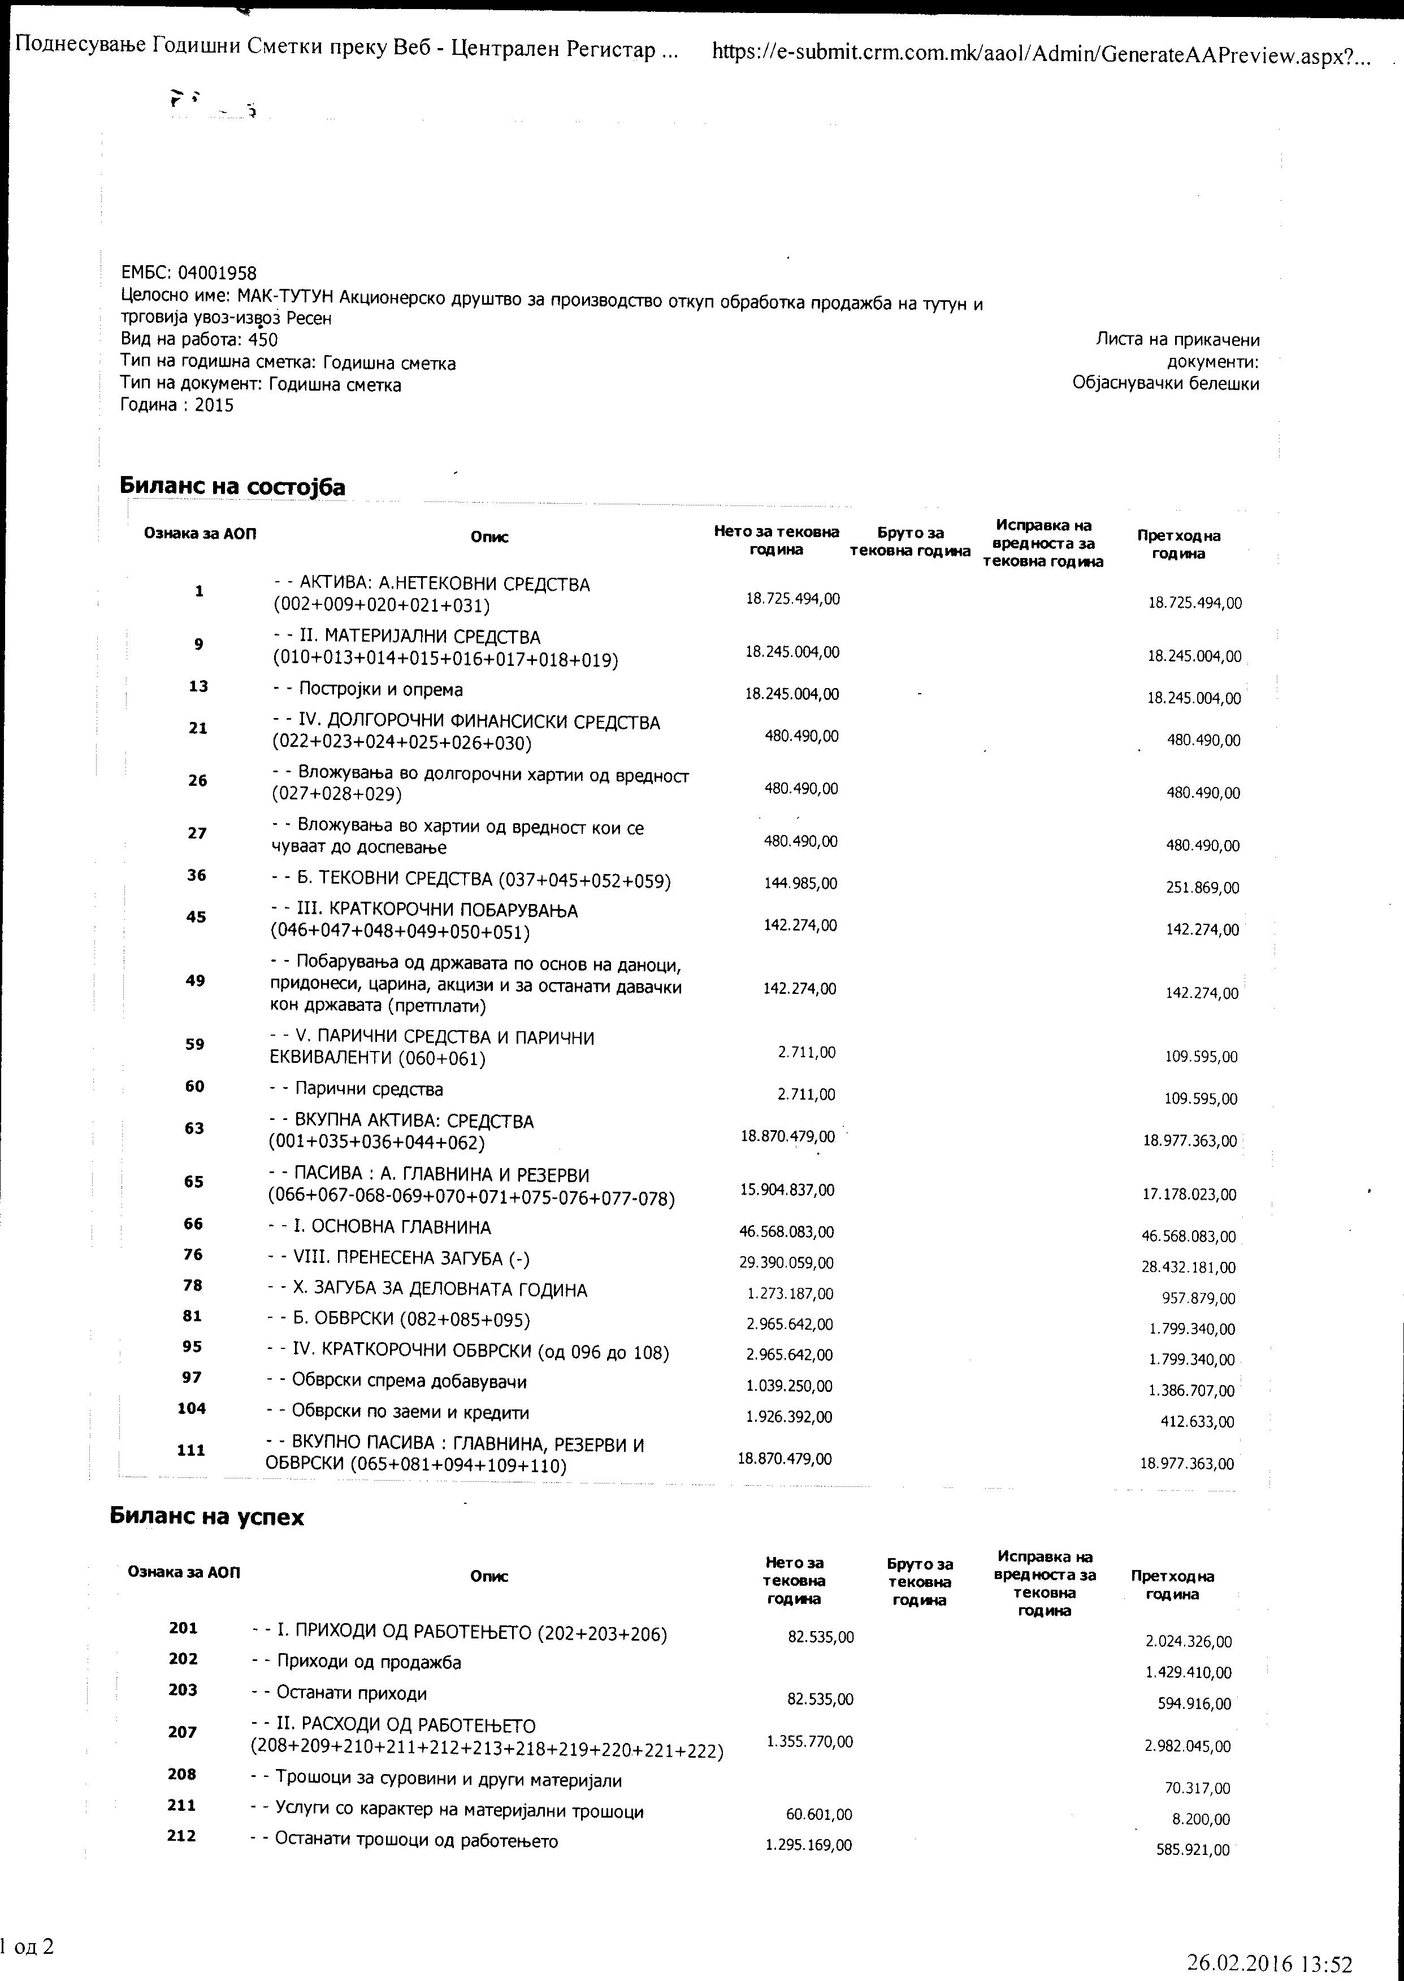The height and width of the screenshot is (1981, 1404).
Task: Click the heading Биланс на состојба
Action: [232, 487]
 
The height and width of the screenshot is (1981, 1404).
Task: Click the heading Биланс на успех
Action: [207, 1517]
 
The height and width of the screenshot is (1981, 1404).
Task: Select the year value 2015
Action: [214, 405]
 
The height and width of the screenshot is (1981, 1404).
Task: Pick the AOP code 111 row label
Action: [191, 1450]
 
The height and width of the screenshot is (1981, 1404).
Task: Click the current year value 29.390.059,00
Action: [786, 1262]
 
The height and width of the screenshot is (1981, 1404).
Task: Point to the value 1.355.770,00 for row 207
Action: [809, 1741]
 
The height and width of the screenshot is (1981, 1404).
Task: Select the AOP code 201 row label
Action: [183, 1628]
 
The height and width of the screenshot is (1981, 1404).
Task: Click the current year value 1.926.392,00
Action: [788, 1416]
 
